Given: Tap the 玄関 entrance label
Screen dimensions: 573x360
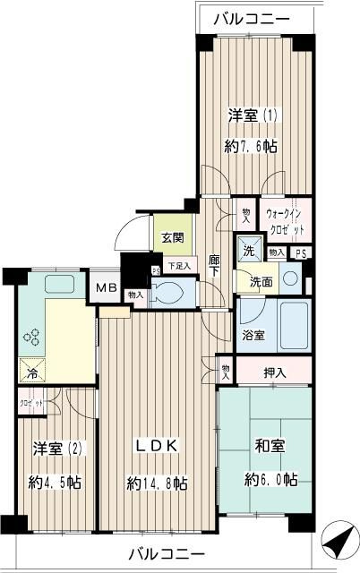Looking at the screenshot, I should point(172,237).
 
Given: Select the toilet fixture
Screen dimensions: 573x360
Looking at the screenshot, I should point(170,293).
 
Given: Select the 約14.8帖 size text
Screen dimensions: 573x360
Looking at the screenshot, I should point(157,483).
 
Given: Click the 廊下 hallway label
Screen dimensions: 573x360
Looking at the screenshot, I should point(215,265).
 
